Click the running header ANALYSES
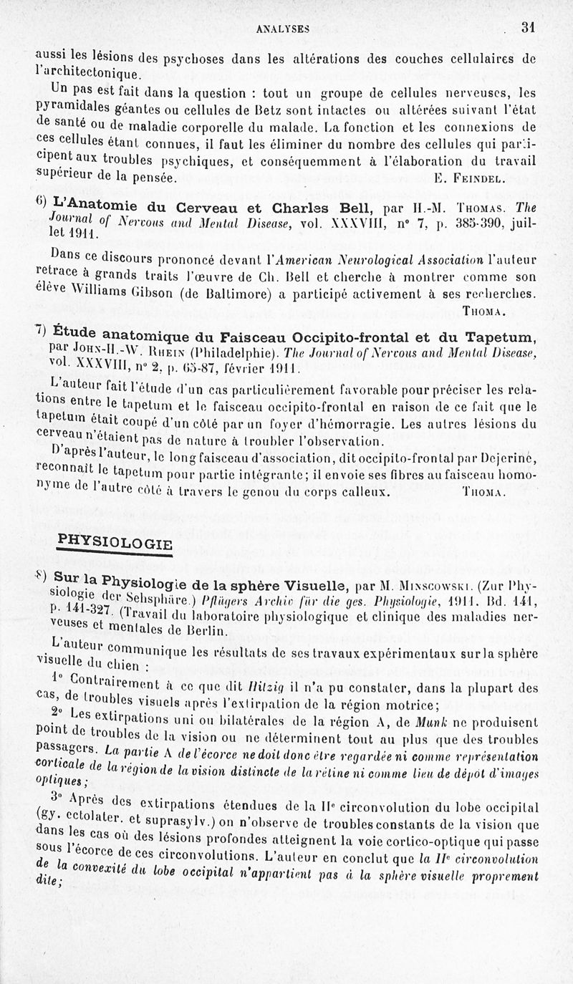coord(286,29)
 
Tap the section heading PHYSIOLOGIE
coord(115,542)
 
